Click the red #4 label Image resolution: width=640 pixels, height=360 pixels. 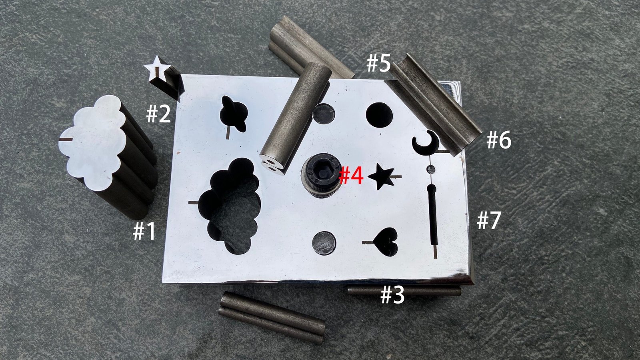(351, 176)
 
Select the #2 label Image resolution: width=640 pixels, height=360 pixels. (158, 114)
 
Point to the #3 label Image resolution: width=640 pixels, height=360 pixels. (392, 295)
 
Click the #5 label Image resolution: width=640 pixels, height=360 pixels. (378, 63)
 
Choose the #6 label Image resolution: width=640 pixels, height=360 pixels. (499, 140)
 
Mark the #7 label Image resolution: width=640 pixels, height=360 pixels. (489, 220)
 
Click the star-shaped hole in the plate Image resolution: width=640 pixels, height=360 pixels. (382, 176)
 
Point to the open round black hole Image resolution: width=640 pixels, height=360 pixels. (380, 115)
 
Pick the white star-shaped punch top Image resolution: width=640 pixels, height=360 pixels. (157, 68)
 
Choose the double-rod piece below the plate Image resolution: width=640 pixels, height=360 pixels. (272, 318)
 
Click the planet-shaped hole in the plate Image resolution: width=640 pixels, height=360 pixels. (234, 114)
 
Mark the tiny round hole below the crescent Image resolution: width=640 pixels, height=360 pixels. (431, 169)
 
